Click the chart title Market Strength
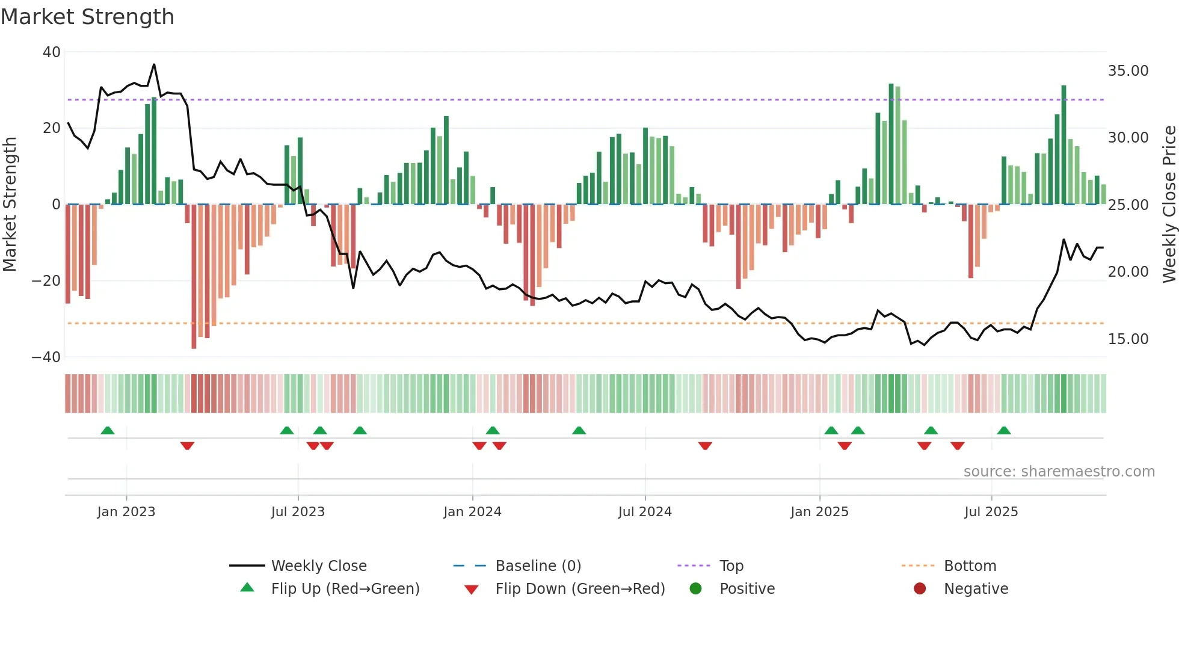point(87,17)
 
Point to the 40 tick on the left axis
point(52,52)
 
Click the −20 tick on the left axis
point(46,281)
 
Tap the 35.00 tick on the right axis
point(1128,71)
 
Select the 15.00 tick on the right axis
point(1128,339)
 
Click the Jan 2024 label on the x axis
point(472,512)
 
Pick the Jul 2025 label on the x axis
point(991,512)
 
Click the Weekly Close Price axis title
point(1169,205)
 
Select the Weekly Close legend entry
point(318,566)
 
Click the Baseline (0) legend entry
point(538,566)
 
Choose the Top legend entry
point(731,566)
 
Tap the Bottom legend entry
point(970,566)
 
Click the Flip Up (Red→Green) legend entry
point(345,589)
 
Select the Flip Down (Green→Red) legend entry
point(580,589)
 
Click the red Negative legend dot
point(920,589)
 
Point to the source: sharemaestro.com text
point(1059,472)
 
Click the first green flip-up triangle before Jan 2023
point(108,431)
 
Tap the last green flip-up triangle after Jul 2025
point(1004,431)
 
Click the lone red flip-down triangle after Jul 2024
point(706,446)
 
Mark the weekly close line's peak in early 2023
point(154,64)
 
